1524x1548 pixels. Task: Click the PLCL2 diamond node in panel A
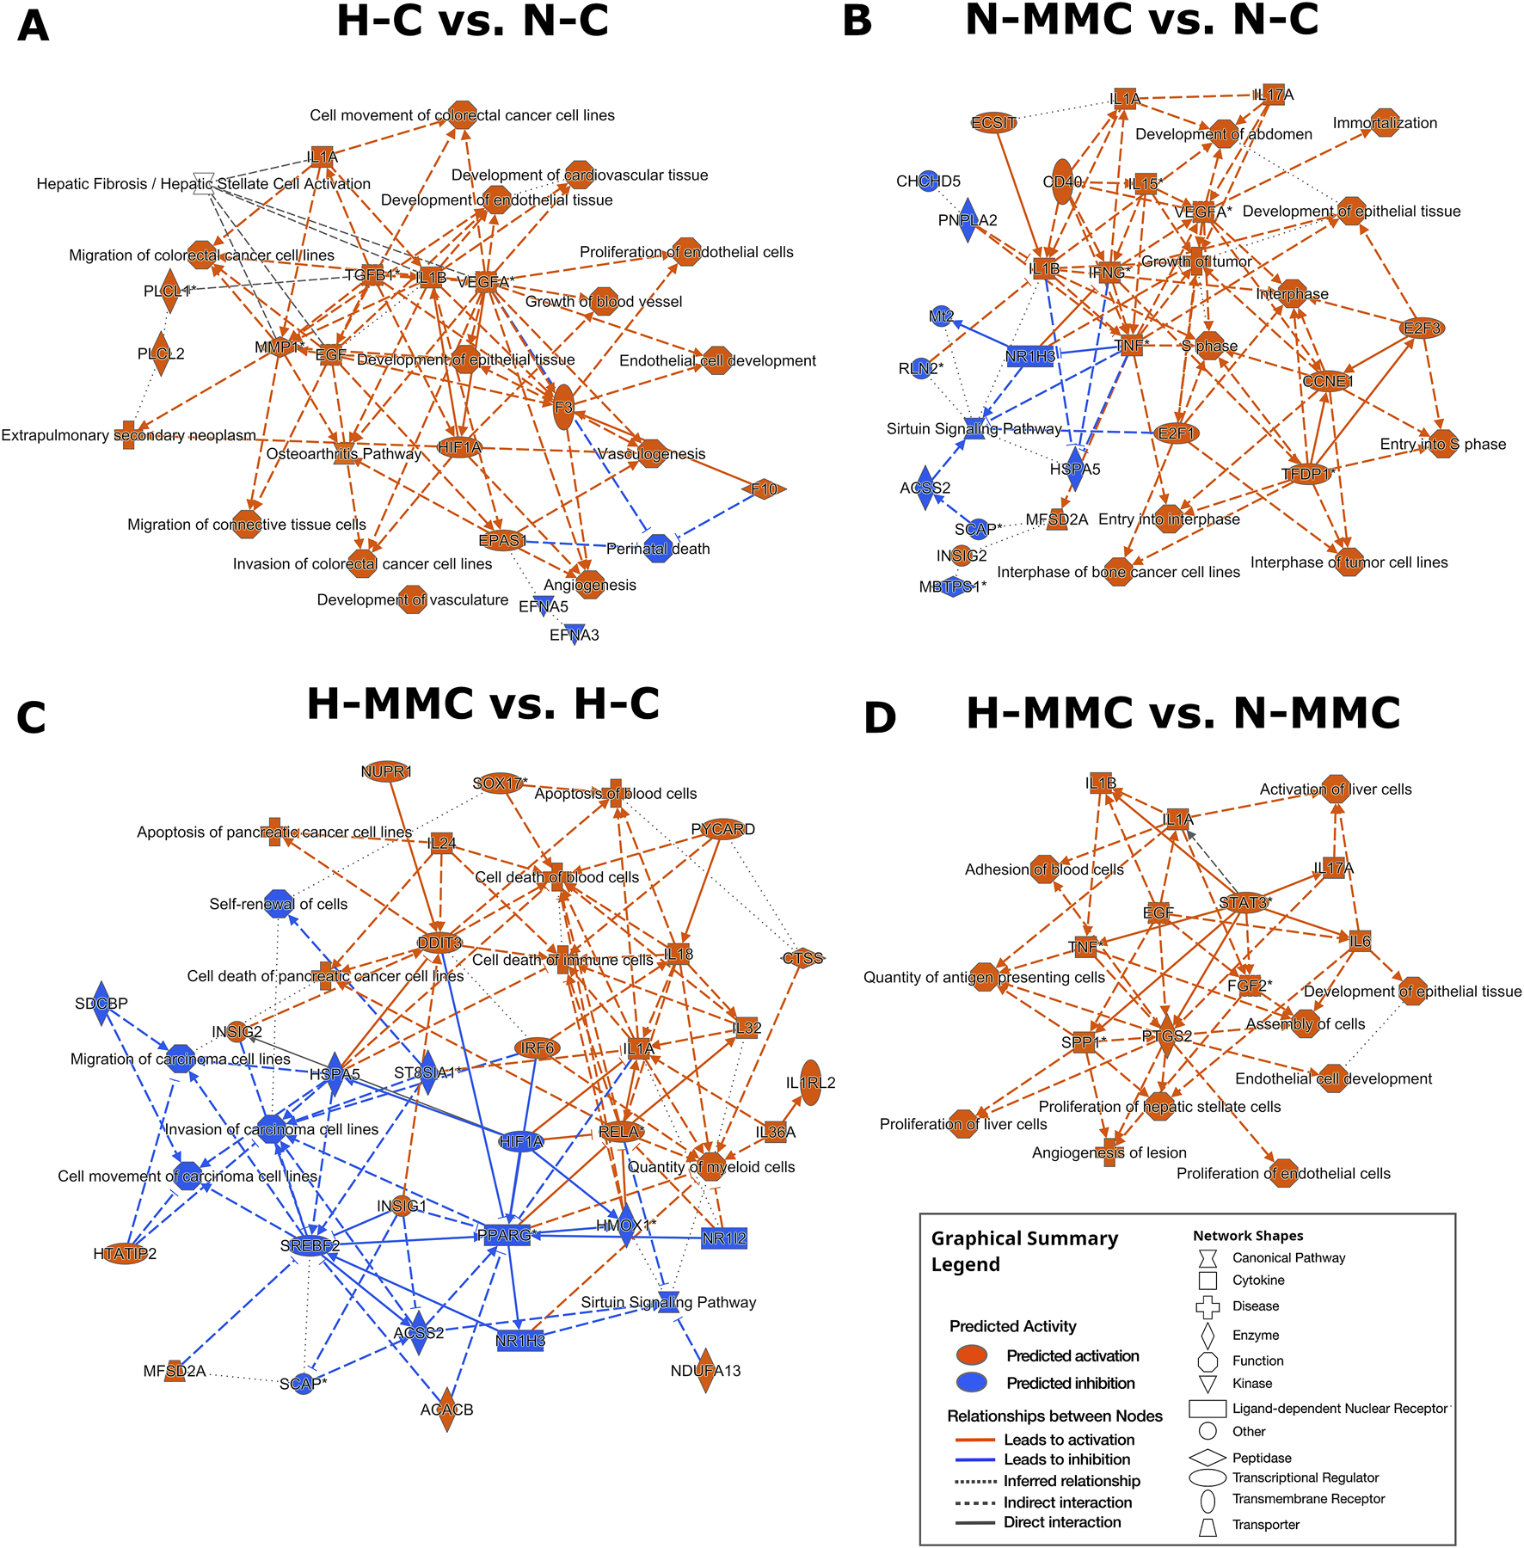click(x=160, y=353)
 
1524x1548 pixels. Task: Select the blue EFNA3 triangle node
click(x=575, y=635)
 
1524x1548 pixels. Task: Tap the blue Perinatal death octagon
click(x=658, y=549)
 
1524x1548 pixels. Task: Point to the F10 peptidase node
click(x=764, y=489)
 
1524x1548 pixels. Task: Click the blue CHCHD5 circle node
click(x=928, y=181)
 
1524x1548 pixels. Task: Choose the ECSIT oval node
click(x=994, y=123)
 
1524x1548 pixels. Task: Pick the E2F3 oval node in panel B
click(x=1423, y=328)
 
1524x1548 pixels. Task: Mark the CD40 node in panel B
click(x=1063, y=181)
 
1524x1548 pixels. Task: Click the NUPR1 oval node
click(x=386, y=771)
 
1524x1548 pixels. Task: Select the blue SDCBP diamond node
click(x=101, y=1003)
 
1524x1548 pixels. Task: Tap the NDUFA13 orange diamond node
click(x=705, y=1371)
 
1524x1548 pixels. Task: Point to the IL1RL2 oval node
click(x=810, y=1083)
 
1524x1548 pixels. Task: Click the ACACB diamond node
click(x=447, y=1410)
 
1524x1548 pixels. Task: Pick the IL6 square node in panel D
click(x=1360, y=941)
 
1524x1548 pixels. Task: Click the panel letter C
click(x=31, y=718)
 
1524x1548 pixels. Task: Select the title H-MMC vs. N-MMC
click(x=1183, y=713)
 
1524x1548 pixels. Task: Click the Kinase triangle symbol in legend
click(x=1208, y=1384)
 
